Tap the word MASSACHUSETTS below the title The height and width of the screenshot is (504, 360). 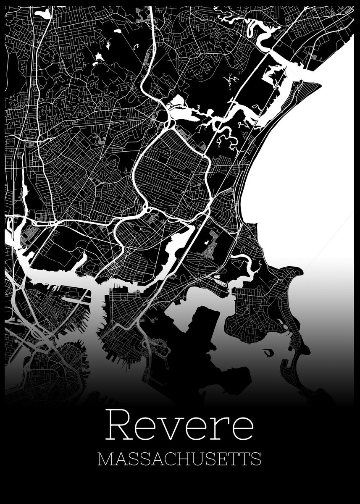[179, 459]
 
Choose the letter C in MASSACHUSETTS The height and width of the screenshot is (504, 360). [164, 459]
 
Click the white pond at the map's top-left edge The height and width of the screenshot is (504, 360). [43, 14]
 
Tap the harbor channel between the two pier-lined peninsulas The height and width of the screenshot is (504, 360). [97, 307]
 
